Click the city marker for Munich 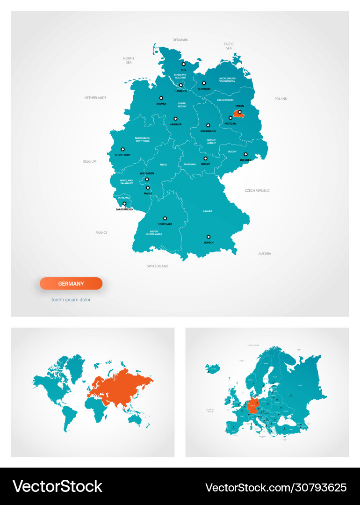coord(209,237)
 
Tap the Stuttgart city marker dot coord(165,218)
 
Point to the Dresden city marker coord(245,154)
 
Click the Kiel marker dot coord(184,65)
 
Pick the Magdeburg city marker coord(209,125)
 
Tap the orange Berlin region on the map coord(238,113)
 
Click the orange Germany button coord(71,283)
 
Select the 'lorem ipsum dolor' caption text coord(71,299)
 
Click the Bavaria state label coord(208,211)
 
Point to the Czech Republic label coord(257,191)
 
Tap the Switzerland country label coord(158,266)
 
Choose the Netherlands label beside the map coord(95,98)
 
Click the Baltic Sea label coord(229,46)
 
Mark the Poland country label coord(281,99)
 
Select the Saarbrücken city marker coord(124,204)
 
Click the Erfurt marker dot coord(205,159)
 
